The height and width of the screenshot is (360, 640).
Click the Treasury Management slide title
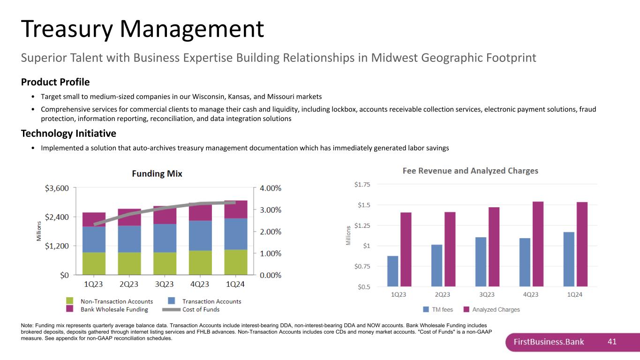[143, 29]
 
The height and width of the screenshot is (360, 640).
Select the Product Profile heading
[55, 82]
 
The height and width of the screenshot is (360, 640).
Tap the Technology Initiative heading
[68, 134]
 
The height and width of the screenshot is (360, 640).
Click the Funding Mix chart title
[157, 174]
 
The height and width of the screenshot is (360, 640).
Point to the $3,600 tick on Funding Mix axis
[57, 188]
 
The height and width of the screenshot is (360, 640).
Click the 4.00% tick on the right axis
[271, 188]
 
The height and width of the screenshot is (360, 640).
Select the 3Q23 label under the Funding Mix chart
[165, 284]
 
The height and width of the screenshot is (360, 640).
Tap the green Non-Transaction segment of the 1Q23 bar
[94, 263]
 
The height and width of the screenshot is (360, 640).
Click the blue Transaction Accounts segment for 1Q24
[236, 234]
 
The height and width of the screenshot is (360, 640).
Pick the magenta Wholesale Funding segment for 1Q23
[94, 219]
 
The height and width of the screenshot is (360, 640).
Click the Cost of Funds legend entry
[191, 309]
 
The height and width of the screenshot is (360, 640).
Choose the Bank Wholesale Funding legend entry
[107, 309]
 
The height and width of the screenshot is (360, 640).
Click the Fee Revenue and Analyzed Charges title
[470, 171]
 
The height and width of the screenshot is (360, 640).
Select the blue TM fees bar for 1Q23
[393, 271]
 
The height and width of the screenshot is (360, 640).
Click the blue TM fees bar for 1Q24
[569, 259]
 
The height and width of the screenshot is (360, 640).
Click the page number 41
[612, 342]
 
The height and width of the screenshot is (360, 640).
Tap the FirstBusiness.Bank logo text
[549, 342]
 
